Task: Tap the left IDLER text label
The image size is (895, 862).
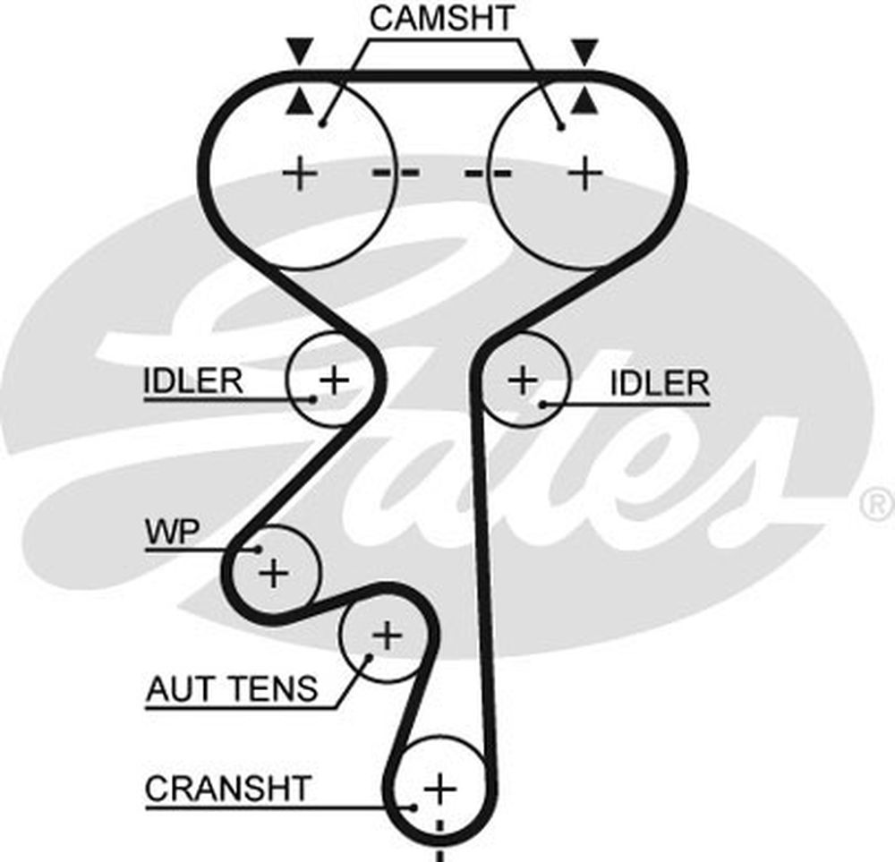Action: point(192,381)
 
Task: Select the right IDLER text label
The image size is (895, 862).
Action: point(659,384)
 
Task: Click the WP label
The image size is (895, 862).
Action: point(167,533)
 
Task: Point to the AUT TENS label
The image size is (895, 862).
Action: point(232,688)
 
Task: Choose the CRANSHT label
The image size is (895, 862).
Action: point(227,789)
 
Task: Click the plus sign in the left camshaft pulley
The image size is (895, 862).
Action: point(300,172)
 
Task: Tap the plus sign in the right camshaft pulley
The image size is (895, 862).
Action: point(584,172)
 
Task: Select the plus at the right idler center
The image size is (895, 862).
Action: point(522,380)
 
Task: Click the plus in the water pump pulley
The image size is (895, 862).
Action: point(274,570)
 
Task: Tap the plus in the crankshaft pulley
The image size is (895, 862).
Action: point(439,789)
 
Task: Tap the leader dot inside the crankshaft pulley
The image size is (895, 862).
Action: point(413,807)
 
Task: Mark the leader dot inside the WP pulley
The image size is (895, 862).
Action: point(258,550)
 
